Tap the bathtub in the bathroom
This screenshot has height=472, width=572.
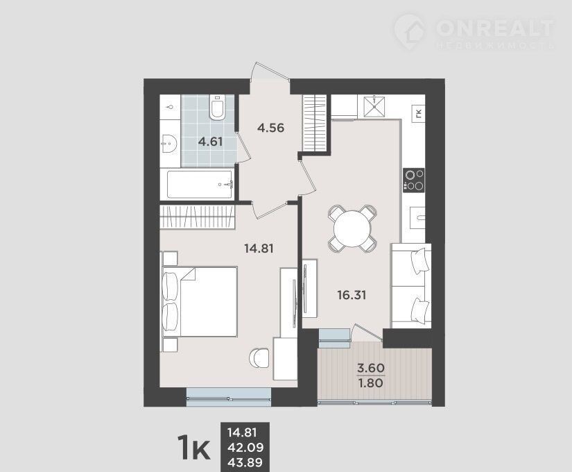click(200, 185)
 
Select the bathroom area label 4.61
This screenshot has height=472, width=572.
click(210, 142)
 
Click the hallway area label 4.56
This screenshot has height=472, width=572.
click(270, 128)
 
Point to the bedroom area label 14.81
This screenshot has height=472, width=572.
click(259, 248)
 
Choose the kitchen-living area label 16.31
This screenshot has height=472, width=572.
click(352, 295)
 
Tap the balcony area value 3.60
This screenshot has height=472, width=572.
click(371, 368)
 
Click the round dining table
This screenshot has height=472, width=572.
click(352, 229)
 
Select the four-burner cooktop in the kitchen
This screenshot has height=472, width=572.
click(414, 180)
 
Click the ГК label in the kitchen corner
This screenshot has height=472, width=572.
click(418, 113)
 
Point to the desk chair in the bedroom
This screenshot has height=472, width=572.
click(259, 358)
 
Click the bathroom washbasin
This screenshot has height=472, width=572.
click(169, 144)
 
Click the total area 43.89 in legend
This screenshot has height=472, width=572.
click(245, 462)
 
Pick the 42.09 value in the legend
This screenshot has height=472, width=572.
click(245, 448)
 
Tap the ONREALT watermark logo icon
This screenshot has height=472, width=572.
click(410, 32)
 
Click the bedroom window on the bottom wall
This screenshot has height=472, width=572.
click(229, 397)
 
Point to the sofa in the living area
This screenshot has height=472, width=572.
click(411, 286)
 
